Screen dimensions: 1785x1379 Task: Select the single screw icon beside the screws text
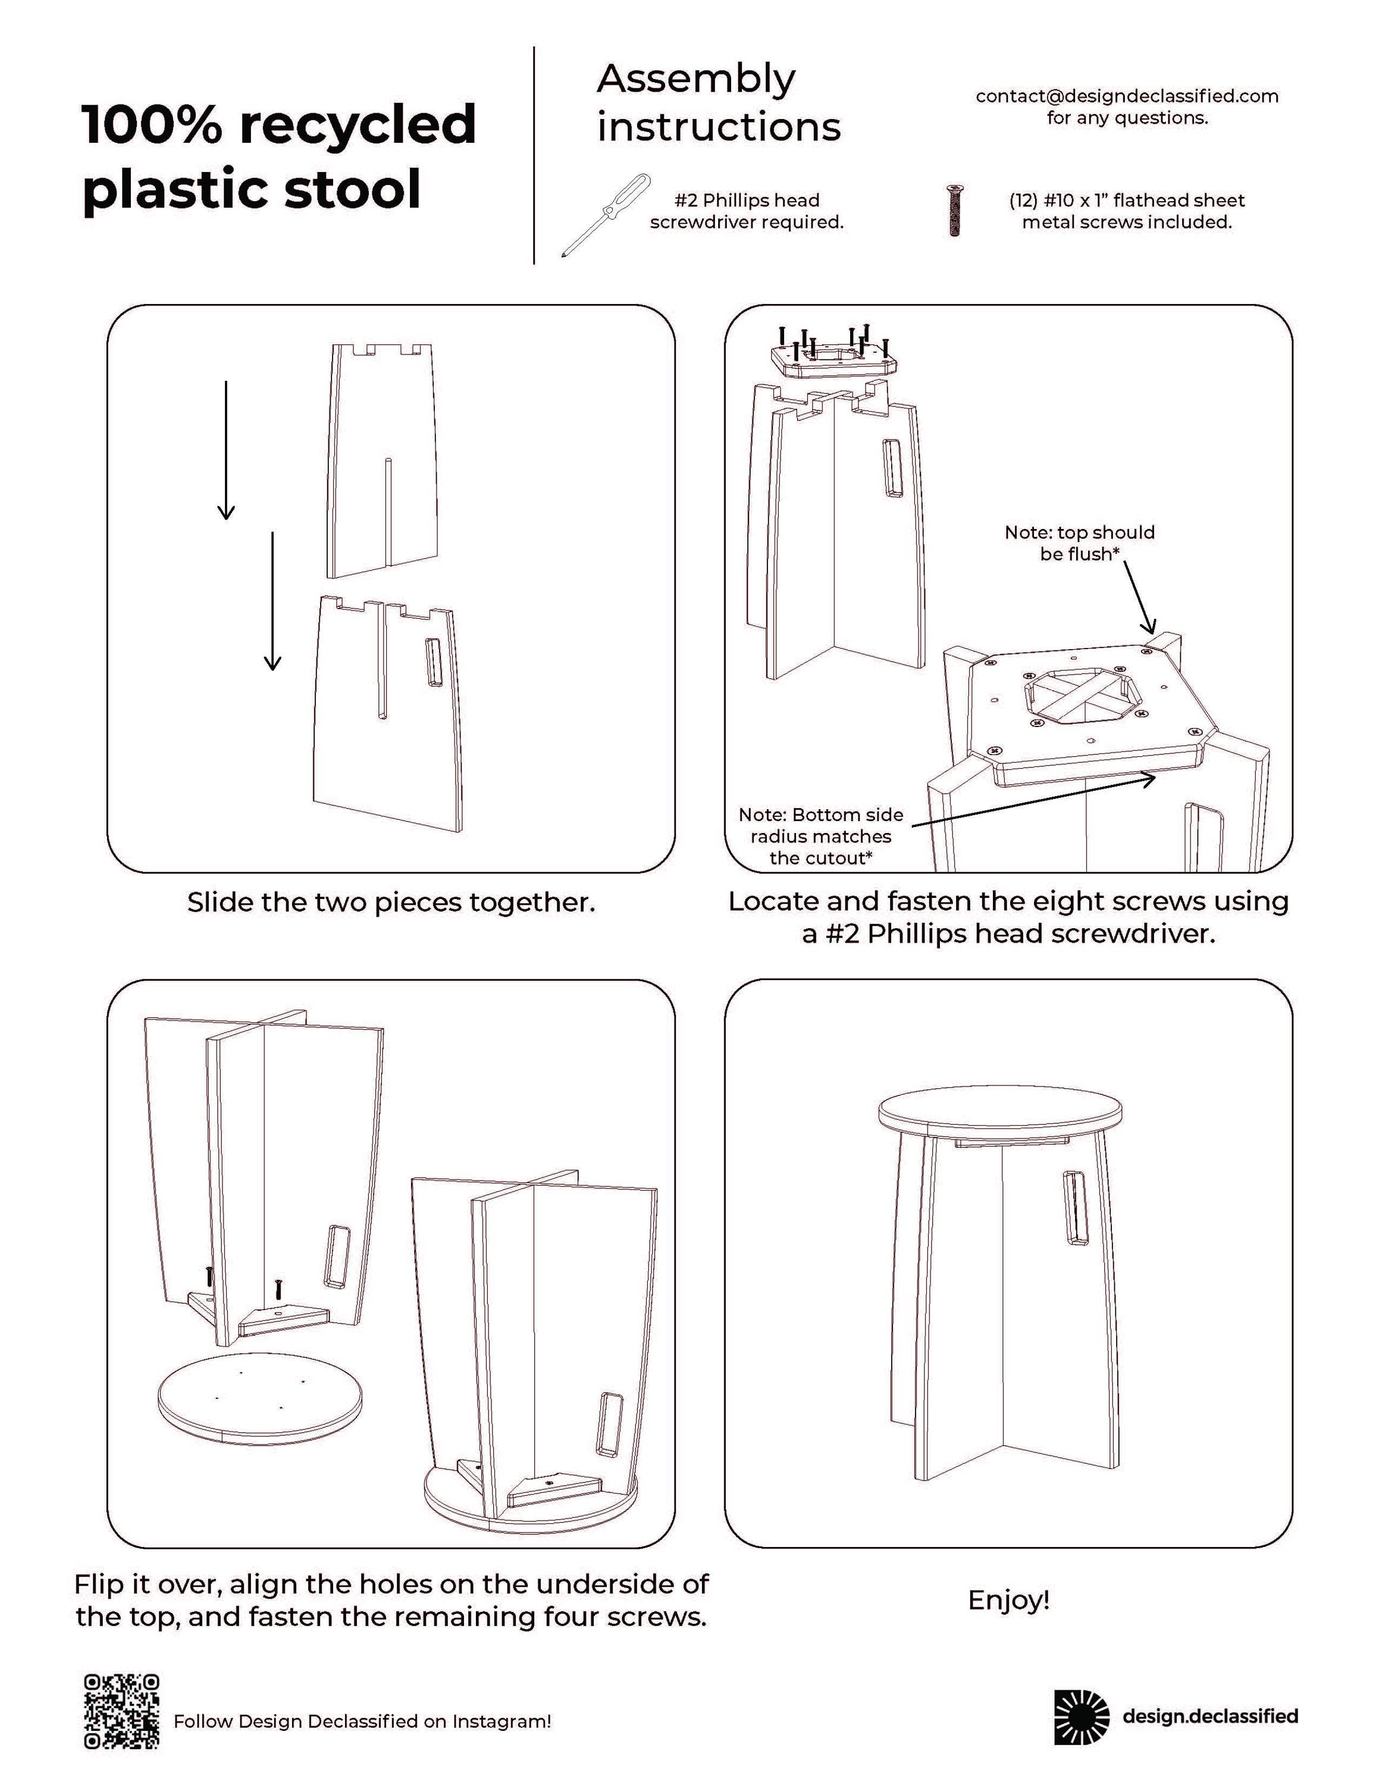click(x=954, y=211)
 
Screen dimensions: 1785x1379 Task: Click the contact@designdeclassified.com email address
click(x=1127, y=96)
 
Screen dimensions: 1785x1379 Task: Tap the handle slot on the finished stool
click(x=1074, y=1208)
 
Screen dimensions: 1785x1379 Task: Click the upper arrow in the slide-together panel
click(x=226, y=449)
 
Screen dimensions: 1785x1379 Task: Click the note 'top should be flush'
click(x=1079, y=543)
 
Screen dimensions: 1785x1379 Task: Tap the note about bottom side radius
click(x=820, y=836)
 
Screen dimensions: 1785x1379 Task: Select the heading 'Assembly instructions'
click(x=717, y=103)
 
